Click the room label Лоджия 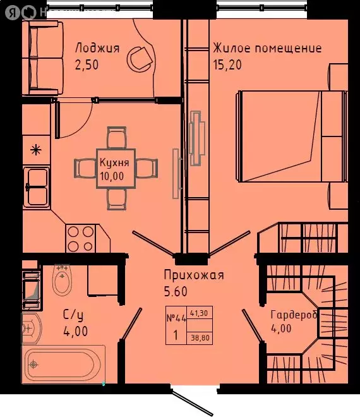point(97,47)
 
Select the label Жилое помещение point(267,48)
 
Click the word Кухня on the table point(114,162)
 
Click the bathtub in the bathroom point(63,365)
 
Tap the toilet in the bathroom point(62,281)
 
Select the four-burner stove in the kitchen point(81,239)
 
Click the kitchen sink point(37,186)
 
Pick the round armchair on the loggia point(138,59)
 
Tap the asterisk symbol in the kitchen point(36,150)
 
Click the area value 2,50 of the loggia point(88,64)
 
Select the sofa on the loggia point(42,58)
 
